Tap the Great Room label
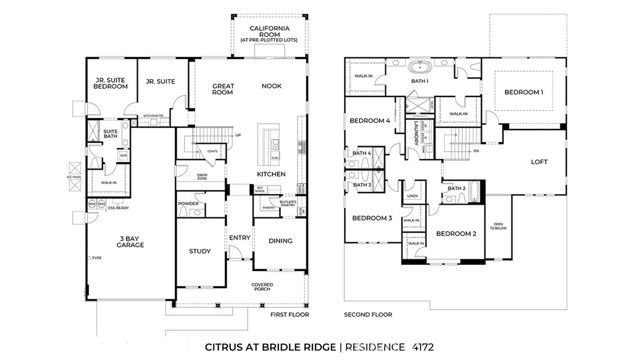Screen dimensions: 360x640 (x=222, y=91)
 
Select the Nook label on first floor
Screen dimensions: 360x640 (x=271, y=86)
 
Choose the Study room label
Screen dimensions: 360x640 (x=200, y=251)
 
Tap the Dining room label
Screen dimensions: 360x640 (x=280, y=240)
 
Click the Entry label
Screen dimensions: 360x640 (x=239, y=237)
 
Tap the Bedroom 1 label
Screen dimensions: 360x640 (x=524, y=92)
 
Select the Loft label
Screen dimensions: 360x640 (x=539, y=161)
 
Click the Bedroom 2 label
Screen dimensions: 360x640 (x=455, y=233)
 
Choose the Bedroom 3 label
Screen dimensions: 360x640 (x=372, y=217)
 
